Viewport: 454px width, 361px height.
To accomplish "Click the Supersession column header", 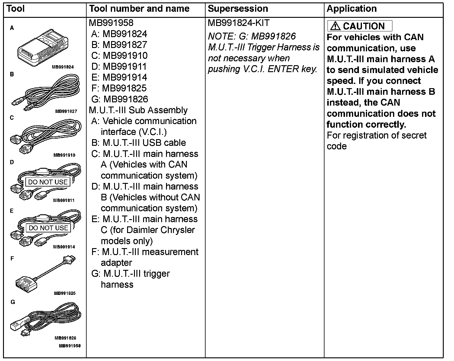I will [238, 9].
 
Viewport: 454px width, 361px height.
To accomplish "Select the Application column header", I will [352, 9].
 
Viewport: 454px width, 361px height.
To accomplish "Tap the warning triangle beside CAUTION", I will [335, 26].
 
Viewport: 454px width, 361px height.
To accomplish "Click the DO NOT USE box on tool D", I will [48, 182].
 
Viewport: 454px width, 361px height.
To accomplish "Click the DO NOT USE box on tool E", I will [48, 228].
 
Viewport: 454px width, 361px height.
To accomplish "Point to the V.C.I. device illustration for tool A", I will [42, 48].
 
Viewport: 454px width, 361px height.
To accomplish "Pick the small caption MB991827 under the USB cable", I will [66, 111].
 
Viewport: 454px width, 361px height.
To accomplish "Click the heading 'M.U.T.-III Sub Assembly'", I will [138, 110].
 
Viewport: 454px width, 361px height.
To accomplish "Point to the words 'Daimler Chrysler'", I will [161, 230].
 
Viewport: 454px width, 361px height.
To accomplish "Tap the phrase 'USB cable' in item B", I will [164, 143].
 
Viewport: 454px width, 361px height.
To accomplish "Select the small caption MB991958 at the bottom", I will [70, 346].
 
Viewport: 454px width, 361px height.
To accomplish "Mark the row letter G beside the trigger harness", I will [13, 302].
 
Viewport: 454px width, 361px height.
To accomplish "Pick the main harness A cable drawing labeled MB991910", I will [45, 137].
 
